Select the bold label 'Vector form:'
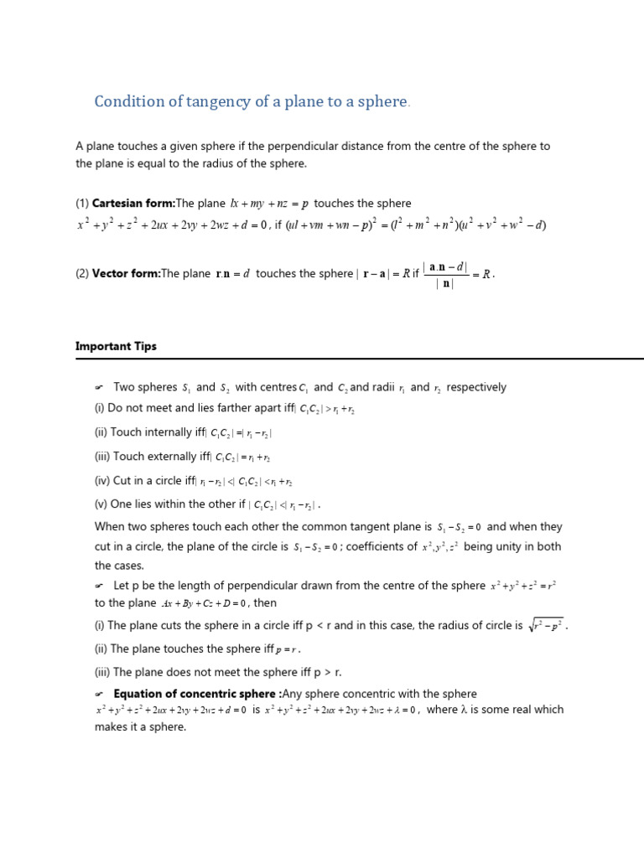click(x=126, y=273)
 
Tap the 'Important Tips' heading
click(x=116, y=346)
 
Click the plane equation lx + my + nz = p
click(x=269, y=204)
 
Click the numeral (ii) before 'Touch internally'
click(x=101, y=432)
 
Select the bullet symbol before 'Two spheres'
click(x=99, y=387)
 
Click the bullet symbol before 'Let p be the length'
click(x=99, y=586)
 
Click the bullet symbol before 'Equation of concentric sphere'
click(x=99, y=694)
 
